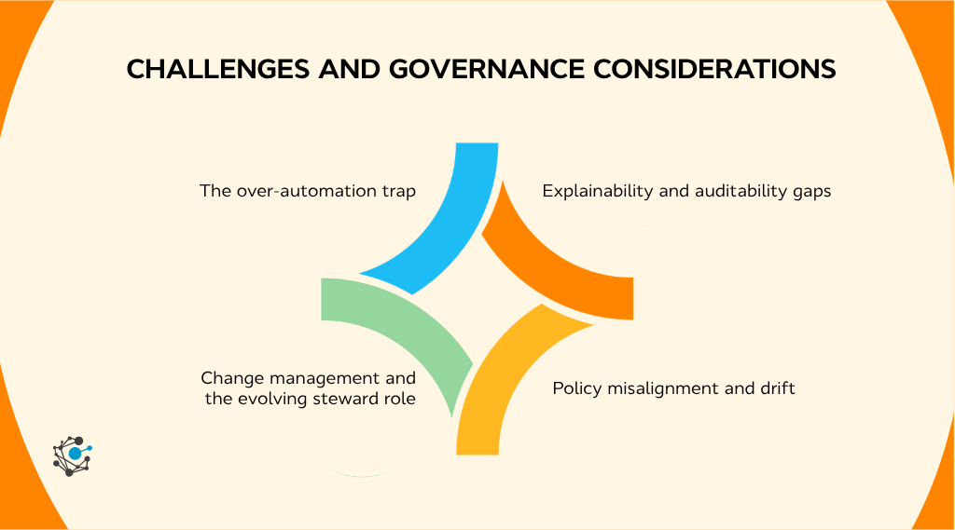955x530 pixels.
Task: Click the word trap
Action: tap(397, 191)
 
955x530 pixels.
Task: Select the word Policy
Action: tap(576, 387)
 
